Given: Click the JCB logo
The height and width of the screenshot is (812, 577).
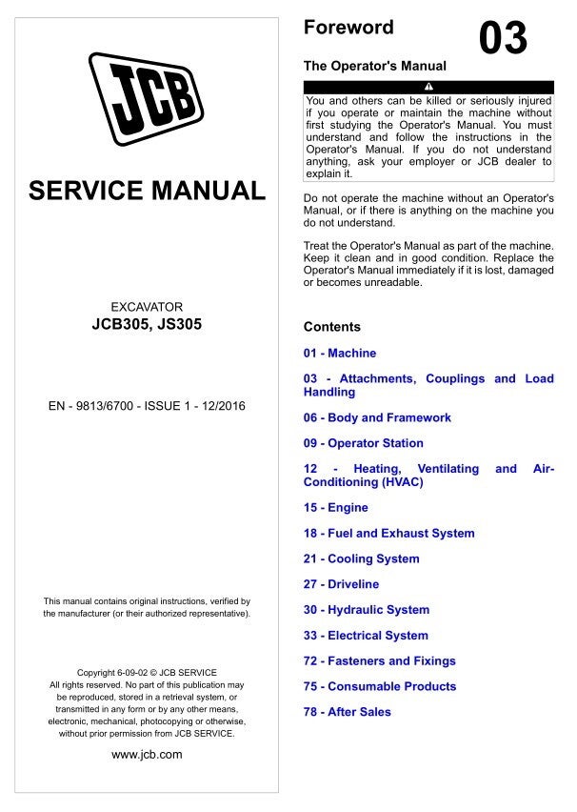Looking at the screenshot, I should coord(147,98).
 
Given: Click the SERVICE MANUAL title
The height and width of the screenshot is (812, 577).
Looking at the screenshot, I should coord(147,191).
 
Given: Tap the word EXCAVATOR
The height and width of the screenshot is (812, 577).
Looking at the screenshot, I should coord(147,307).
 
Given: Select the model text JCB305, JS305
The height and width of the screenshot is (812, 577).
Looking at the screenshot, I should coord(147,324).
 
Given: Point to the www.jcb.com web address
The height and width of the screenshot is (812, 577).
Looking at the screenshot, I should coord(147,755).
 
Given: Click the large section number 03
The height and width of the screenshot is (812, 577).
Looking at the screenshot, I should coord(502,39).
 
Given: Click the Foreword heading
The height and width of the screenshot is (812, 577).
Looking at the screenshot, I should coord(348,28).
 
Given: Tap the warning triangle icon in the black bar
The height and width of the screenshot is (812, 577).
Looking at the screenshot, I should coord(428,88).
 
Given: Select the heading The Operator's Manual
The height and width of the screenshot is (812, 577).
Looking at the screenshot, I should coord(374,67).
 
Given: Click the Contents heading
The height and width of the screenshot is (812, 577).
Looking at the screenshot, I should coord(331,327).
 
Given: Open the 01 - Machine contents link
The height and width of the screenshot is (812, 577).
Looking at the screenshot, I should coord(339,353).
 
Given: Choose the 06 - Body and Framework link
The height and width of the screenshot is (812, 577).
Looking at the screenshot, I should coord(377,417).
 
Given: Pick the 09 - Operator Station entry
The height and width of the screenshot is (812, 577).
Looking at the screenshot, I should coord(363,443).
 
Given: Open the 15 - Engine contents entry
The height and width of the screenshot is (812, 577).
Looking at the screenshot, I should coord(335,508).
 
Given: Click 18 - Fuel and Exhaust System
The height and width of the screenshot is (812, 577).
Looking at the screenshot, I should coord(388,534).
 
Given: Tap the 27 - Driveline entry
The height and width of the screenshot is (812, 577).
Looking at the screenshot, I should coord(341,584).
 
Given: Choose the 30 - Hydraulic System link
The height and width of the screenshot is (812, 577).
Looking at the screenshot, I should coord(366,610).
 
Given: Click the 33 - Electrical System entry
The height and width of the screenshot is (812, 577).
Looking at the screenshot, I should coord(366,636).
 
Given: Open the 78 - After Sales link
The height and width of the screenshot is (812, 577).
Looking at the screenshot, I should coord(347,712).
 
